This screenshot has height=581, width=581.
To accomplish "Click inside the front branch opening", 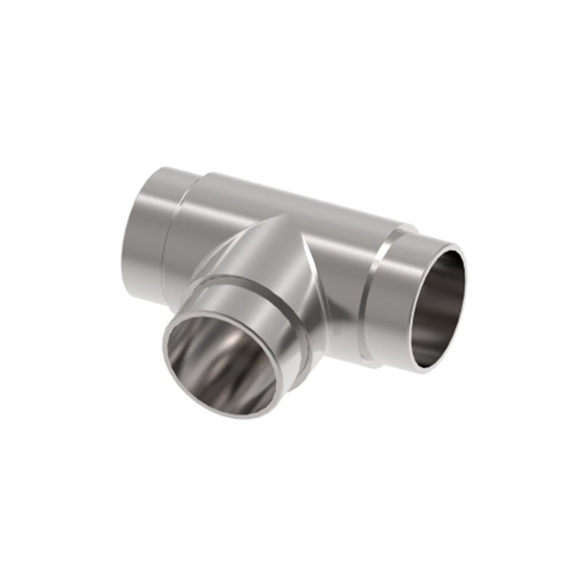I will [x=222, y=363].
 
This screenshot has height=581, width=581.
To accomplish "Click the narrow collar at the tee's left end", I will [x=145, y=232].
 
